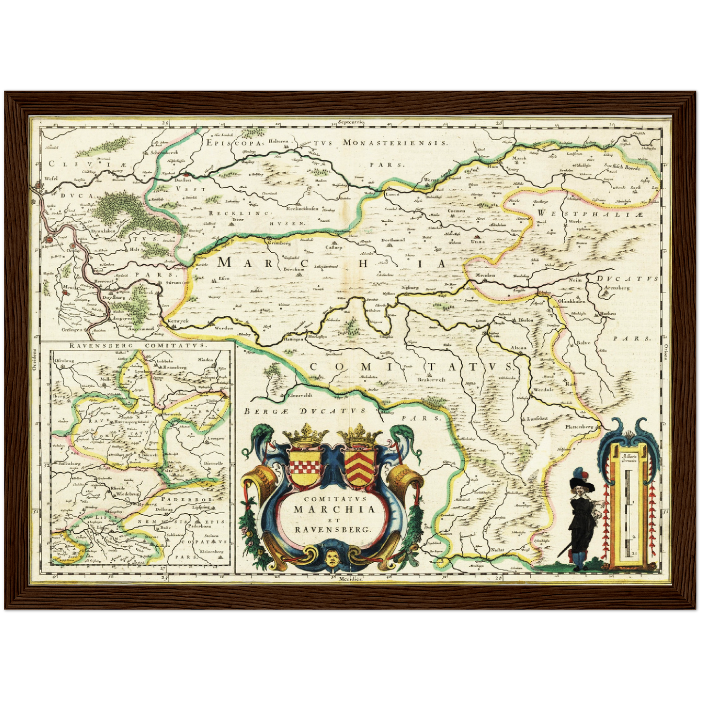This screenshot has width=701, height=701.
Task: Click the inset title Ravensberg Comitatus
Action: pyautogui.click(x=137, y=346)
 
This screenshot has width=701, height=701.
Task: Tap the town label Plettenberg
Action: pyautogui.click(x=579, y=427)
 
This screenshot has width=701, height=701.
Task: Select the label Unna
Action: pyautogui.click(x=478, y=241)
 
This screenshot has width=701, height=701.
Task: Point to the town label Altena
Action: pyautogui.click(x=518, y=348)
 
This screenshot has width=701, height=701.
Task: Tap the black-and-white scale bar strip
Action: pyautogui.click(x=628, y=514)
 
